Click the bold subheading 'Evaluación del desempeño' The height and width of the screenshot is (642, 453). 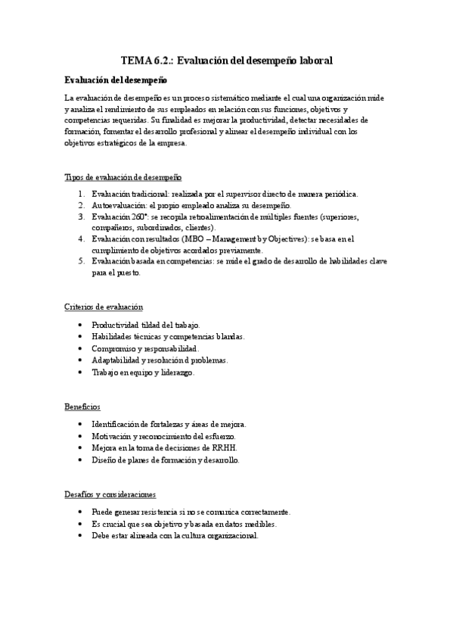(116, 79)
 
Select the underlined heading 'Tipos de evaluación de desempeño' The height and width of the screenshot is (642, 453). (123, 177)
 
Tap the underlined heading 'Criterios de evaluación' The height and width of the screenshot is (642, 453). (104, 307)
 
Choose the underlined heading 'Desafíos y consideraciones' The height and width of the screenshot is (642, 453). (110, 494)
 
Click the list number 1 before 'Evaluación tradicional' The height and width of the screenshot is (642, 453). (81, 194)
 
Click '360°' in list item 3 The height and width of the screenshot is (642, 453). (139, 217)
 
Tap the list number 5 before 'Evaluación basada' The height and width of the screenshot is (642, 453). (81, 261)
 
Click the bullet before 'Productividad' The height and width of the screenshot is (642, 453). (81, 325)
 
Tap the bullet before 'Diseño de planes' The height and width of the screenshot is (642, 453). (81, 460)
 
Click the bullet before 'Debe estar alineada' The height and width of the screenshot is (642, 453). (81, 536)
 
